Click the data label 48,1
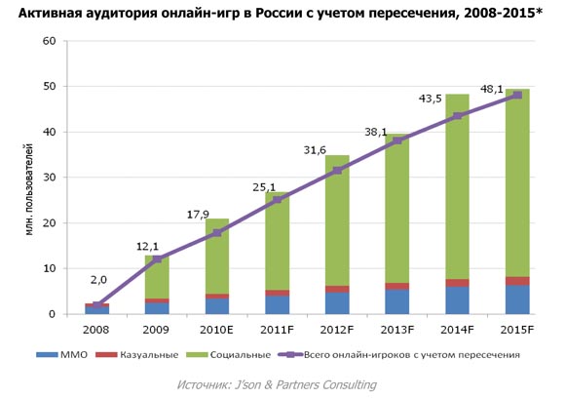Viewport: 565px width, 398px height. (x=492, y=89)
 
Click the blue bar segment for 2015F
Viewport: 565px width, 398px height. (x=517, y=299)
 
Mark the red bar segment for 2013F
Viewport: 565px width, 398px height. (x=397, y=287)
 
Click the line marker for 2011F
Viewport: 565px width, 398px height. (x=278, y=199)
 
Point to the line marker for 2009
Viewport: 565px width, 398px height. (x=157, y=259)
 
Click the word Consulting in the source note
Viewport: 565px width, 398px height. (x=342, y=384)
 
